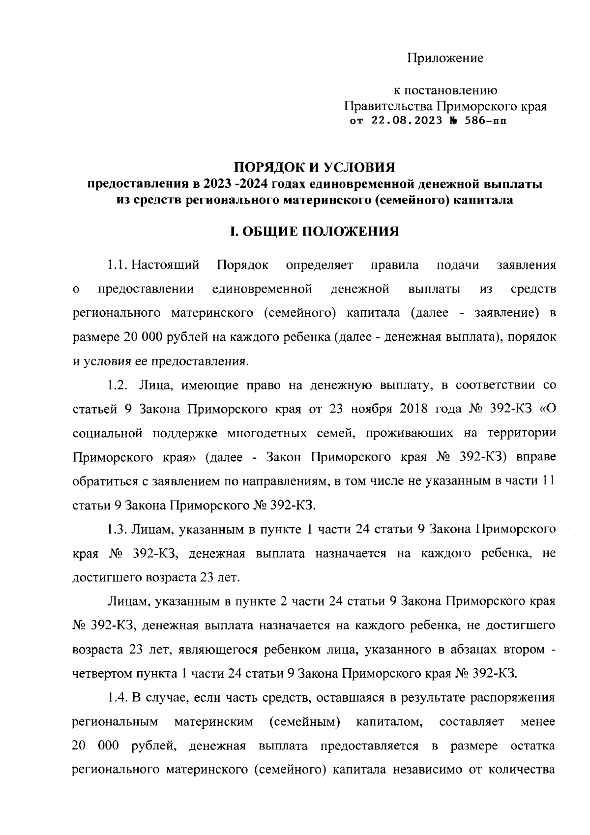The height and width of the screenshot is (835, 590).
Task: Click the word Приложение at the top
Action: coord(445,59)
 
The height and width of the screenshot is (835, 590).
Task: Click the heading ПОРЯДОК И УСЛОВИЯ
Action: coord(315,168)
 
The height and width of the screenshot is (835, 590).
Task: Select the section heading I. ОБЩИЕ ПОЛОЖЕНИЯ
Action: coord(315,231)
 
